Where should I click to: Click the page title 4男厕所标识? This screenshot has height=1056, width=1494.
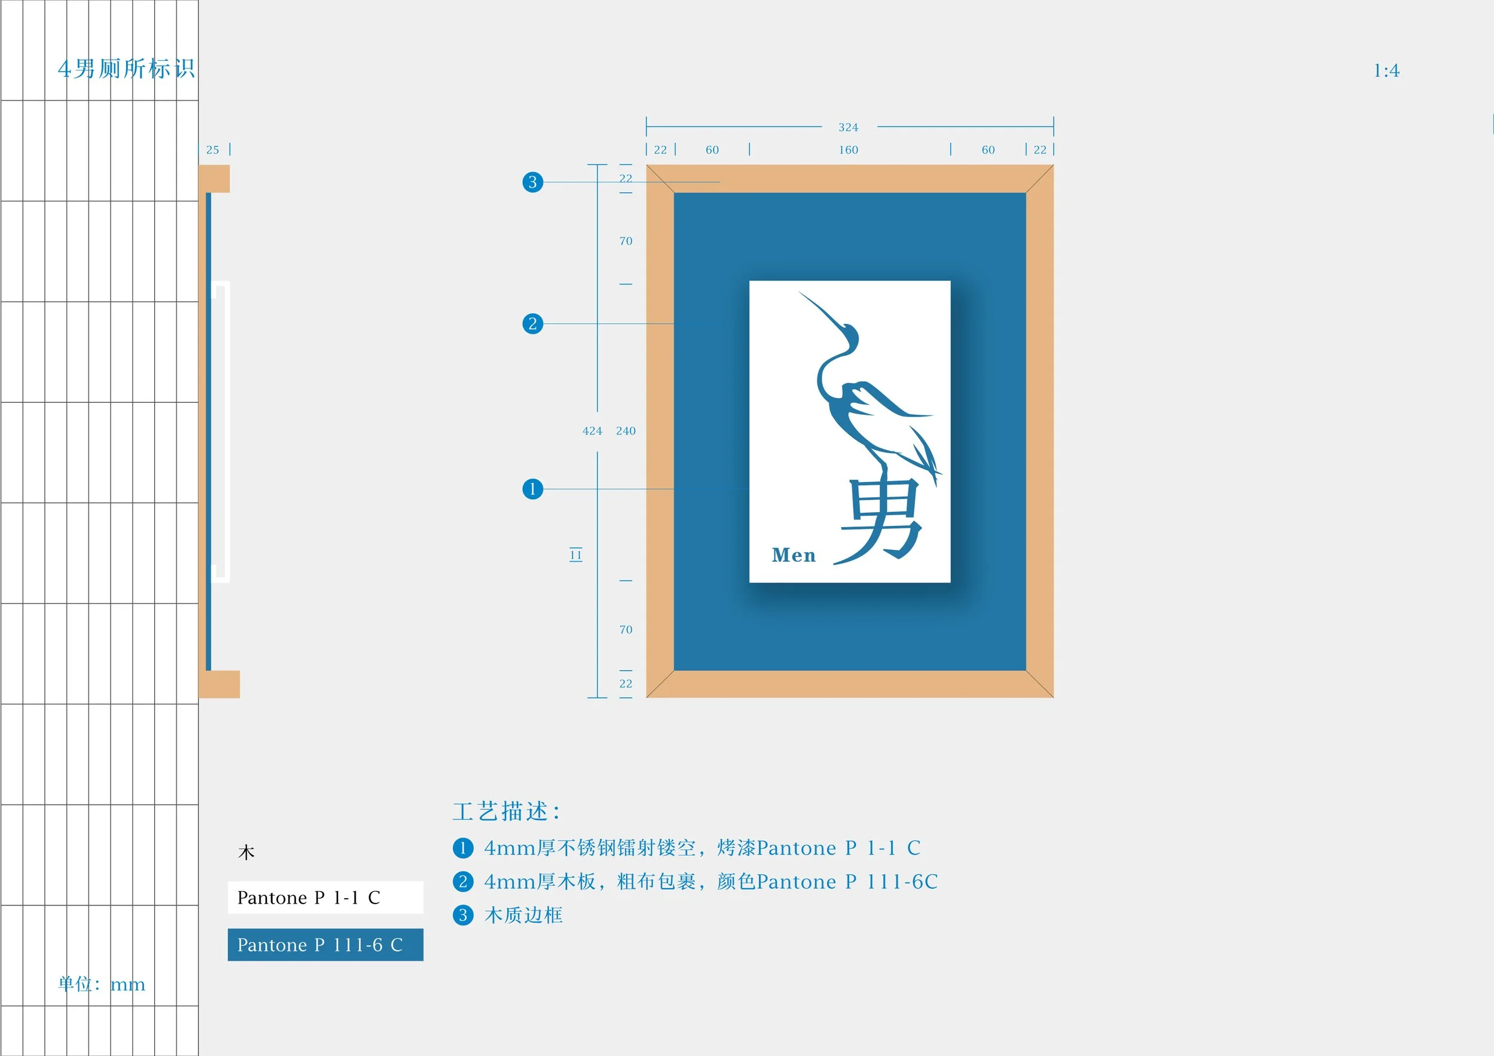tap(126, 68)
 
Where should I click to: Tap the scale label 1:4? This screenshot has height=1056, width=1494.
tap(1386, 71)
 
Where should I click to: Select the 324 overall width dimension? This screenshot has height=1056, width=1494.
tap(848, 127)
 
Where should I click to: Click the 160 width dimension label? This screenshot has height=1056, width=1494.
tap(848, 149)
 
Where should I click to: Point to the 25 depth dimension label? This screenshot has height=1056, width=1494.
tap(213, 149)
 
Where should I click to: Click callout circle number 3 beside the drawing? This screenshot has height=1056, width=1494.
tap(532, 182)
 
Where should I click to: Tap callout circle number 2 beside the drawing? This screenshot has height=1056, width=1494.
tap(532, 323)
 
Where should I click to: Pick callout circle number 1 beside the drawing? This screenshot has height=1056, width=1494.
tap(532, 489)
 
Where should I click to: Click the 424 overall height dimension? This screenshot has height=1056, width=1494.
tap(592, 431)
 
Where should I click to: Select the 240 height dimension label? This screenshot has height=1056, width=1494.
tap(625, 431)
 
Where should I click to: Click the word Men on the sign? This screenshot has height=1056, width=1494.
tap(793, 555)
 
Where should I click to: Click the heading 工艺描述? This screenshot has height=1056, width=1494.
tap(506, 812)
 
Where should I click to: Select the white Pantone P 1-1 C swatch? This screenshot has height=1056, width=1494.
tap(325, 897)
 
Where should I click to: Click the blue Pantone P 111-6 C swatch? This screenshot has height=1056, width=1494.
tap(325, 944)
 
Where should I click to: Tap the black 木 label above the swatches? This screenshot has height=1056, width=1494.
tap(246, 852)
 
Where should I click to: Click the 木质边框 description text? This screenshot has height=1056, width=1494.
tap(523, 915)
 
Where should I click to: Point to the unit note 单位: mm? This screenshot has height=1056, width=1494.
tap(102, 984)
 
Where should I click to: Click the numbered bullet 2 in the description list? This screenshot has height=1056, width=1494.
tap(463, 881)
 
